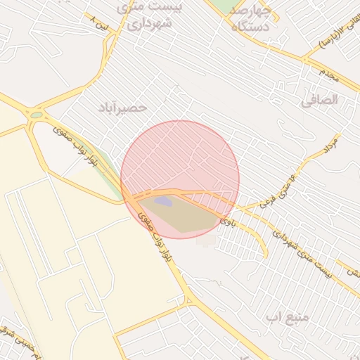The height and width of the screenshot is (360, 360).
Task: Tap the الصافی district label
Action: pyautogui.click(x=319, y=100)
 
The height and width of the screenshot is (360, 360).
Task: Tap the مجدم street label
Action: pyautogui.click(x=329, y=75)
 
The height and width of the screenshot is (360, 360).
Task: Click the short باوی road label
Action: pyautogui.click(x=226, y=221)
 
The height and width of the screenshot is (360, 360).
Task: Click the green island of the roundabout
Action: pyautogui.click(x=36, y=115)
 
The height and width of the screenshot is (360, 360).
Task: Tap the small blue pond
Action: pyautogui.click(x=163, y=202)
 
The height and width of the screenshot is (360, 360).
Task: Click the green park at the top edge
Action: pyautogui.click(x=224, y=6)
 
